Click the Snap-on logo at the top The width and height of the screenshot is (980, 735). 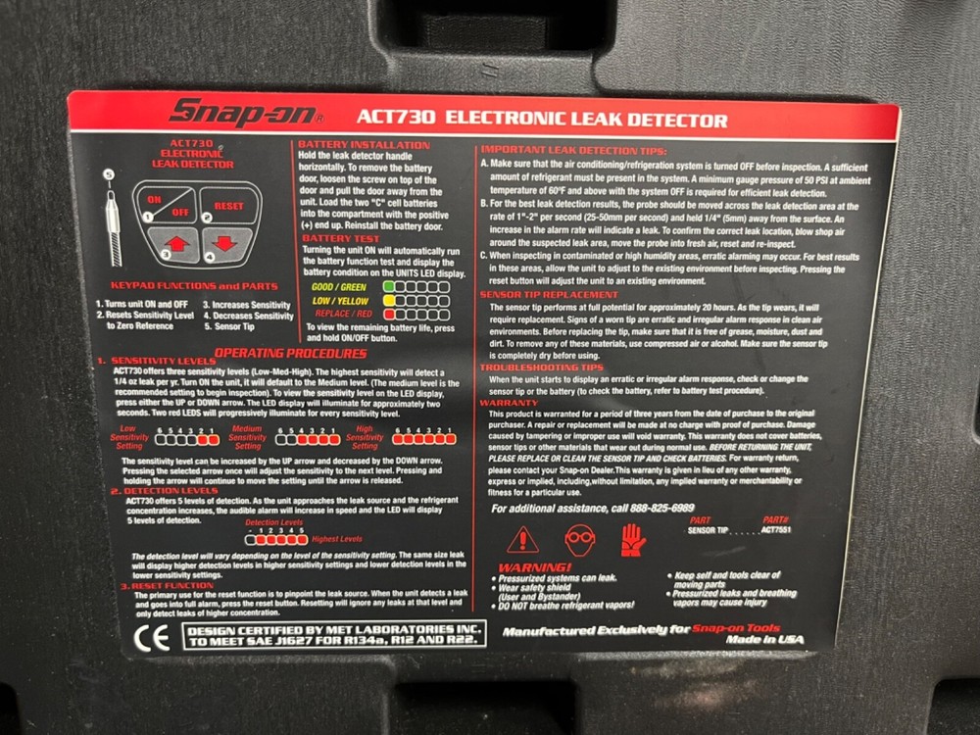tap(245, 113)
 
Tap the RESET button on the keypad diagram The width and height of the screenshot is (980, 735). tap(228, 206)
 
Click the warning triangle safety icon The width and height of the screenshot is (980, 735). tap(523, 539)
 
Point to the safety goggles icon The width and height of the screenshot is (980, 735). tap(579, 538)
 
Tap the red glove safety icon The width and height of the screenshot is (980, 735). tap(632, 538)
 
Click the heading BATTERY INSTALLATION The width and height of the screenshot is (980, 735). tap(364, 144)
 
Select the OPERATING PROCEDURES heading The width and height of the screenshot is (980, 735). tap(277, 352)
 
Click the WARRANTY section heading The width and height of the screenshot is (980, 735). tap(509, 403)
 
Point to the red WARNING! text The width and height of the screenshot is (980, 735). tap(534, 566)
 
